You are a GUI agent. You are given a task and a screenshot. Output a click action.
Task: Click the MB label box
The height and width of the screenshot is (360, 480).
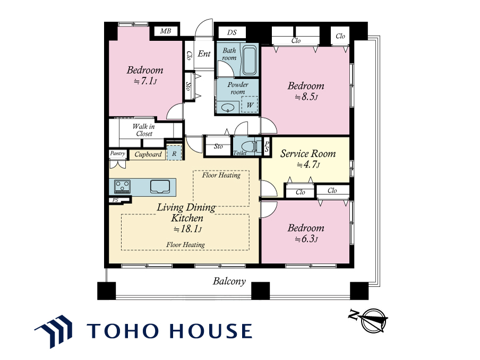click(166, 31)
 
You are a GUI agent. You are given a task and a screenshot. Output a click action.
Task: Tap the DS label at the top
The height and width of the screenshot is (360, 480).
click(232, 32)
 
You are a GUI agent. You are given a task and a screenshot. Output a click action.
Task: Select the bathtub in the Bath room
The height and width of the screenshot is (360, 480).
click(250, 61)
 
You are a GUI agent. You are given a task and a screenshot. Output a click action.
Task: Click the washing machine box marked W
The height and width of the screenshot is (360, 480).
click(250, 105)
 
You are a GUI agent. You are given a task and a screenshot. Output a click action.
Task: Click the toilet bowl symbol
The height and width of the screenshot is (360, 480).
click(248, 147)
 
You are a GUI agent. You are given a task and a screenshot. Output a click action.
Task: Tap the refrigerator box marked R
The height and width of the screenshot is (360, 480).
click(174, 153)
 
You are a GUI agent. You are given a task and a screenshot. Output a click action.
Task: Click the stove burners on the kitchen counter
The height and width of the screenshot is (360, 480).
click(122, 186)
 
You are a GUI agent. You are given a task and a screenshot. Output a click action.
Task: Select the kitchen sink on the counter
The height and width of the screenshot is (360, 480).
click(160, 186)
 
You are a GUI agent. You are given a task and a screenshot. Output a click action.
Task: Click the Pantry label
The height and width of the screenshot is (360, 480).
click(117, 153)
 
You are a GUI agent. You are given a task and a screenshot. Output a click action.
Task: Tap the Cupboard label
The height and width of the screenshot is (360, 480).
click(148, 155)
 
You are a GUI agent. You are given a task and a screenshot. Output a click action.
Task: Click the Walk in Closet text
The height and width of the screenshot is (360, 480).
click(144, 130)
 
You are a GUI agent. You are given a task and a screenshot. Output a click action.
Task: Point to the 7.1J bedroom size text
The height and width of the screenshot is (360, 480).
click(145, 81)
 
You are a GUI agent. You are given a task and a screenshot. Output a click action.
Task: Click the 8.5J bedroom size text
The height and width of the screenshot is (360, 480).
click(306, 97)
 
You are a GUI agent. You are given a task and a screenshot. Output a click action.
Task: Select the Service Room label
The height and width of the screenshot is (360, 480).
click(308, 153)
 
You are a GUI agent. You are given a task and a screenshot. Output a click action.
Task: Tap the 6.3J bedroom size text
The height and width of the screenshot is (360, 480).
click(306, 239)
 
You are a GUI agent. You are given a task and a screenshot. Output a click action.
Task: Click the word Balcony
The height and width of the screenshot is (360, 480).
click(229, 281)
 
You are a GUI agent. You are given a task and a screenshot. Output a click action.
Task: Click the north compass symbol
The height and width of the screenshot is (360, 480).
click(369, 320)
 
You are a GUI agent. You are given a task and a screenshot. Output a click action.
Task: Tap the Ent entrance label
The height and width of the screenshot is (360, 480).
click(204, 54)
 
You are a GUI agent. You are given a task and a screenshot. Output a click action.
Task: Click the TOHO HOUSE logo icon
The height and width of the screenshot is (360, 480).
click(54, 331)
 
